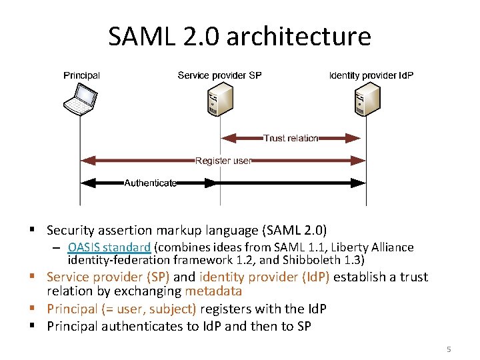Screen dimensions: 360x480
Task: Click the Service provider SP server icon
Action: click(219, 101)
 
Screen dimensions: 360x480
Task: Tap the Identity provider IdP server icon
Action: click(366, 101)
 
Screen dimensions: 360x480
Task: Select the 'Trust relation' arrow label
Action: click(291, 138)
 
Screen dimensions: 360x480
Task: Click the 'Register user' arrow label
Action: click(223, 161)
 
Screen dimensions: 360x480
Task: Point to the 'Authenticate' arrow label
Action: click(151, 183)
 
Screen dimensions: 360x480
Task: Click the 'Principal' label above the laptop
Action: click(81, 75)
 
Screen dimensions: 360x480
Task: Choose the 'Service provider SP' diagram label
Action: click(219, 75)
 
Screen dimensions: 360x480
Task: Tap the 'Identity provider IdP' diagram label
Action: click(371, 75)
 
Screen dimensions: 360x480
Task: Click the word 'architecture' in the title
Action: click(299, 36)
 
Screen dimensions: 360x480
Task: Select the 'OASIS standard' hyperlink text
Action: click(109, 247)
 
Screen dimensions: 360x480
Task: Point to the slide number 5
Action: click(449, 349)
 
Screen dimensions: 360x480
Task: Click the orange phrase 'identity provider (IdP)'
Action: click(265, 277)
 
